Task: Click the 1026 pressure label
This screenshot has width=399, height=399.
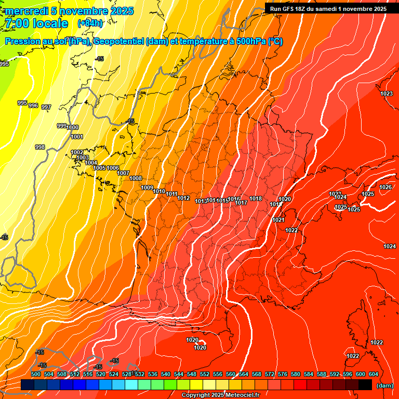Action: [x=385, y=187]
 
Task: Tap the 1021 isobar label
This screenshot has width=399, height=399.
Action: [x=278, y=220]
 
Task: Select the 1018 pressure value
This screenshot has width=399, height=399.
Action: [x=256, y=198]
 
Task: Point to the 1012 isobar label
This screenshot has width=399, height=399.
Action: [x=183, y=198]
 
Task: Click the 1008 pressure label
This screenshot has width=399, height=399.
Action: [x=136, y=178]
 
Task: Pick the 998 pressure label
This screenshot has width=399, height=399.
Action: [x=40, y=147]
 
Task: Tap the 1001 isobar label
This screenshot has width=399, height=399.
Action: [x=77, y=137]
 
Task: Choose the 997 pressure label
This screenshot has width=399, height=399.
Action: [x=46, y=107]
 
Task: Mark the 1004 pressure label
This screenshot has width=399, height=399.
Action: [x=91, y=163]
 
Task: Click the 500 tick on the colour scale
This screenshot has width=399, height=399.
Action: [x=36, y=374]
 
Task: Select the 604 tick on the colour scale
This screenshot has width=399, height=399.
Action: [x=373, y=374]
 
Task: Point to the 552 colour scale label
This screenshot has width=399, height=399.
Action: [x=205, y=374]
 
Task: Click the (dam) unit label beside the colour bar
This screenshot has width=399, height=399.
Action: [x=384, y=385]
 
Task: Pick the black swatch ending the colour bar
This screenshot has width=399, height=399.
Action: [x=365, y=385]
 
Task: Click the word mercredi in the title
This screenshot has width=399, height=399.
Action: [x=26, y=11]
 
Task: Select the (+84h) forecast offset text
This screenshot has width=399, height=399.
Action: [x=90, y=23]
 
